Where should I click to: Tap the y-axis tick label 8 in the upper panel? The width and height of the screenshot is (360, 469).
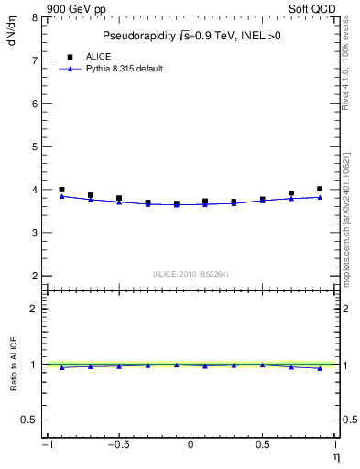[x=34, y=17]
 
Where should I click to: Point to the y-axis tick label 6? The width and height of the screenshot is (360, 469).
[x=34, y=104]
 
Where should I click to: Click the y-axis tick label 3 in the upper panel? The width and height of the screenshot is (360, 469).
[x=34, y=233]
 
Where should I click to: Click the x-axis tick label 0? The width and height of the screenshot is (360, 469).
[x=191, y=445]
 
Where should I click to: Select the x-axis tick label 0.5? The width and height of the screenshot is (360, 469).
[x=261, y=445]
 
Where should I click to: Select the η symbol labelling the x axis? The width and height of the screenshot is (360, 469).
[x=335, y=456]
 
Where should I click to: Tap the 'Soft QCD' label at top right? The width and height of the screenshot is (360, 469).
[x=313, y=7]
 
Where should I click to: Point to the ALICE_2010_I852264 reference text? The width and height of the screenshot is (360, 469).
[x=190, y=274]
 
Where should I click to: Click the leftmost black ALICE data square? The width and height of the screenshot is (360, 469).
[x=61, y=190]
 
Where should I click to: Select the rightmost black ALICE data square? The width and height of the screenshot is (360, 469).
[x=320, y=189]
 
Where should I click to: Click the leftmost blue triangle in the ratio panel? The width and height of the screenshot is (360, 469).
[x=61, y=367]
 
